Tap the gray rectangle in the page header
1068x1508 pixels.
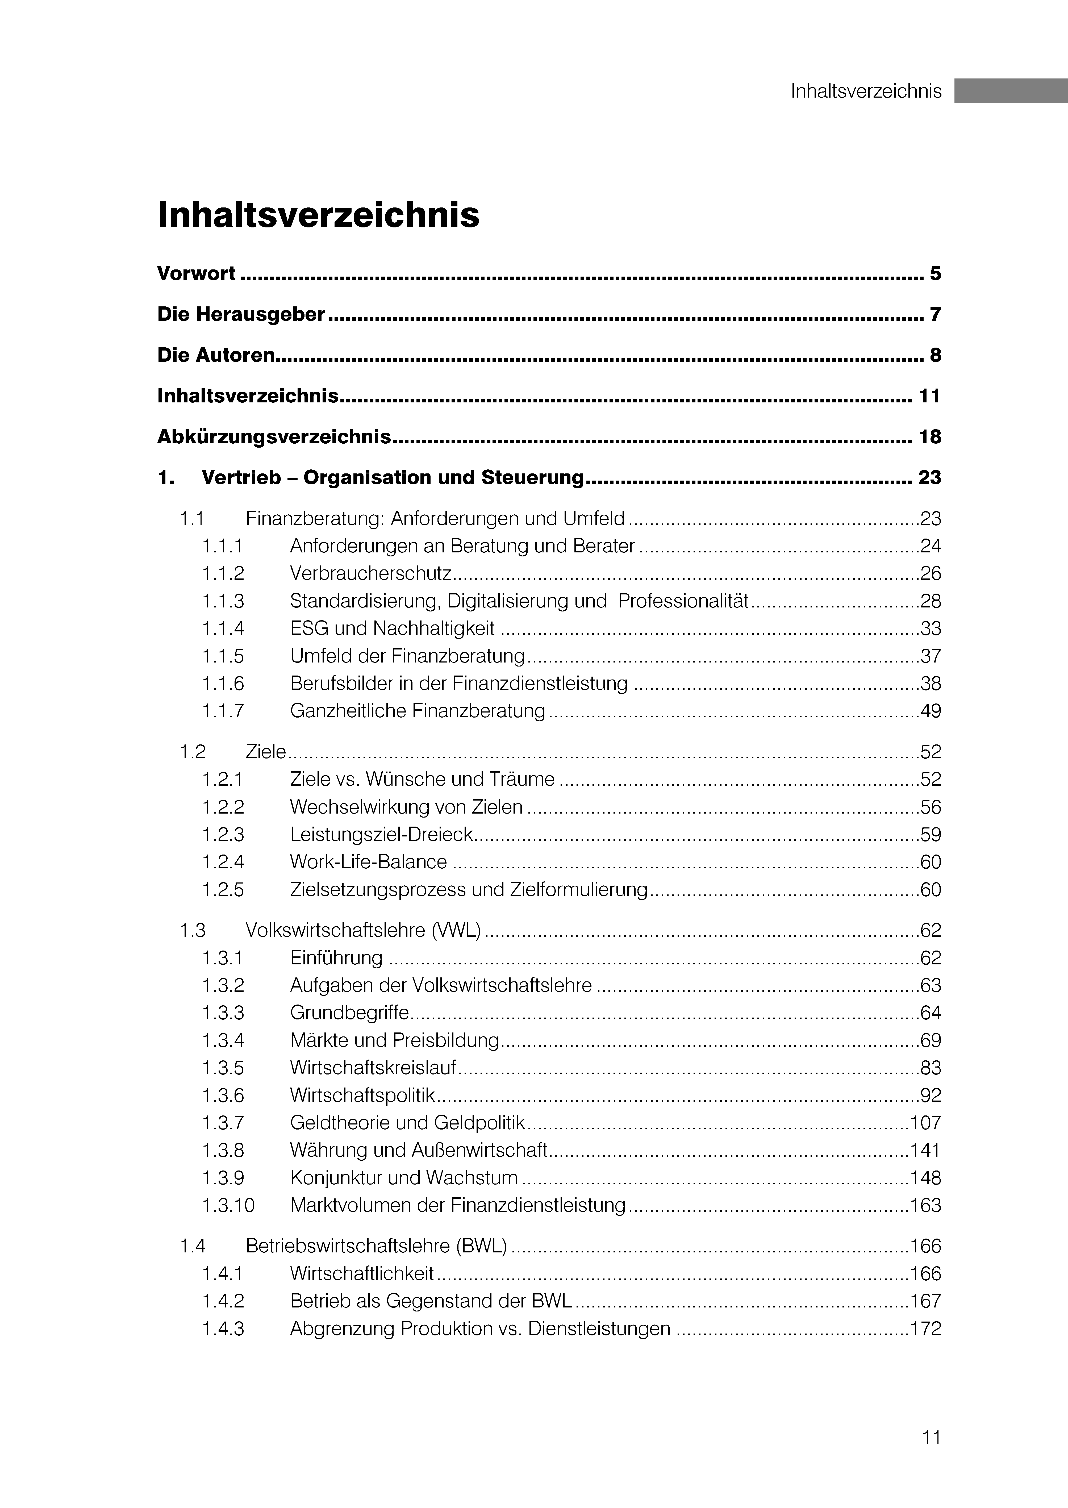[x=1011, y=91]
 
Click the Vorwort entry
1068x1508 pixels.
[x=196, y=274]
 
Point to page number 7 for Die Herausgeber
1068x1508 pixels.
[x=935, y=314]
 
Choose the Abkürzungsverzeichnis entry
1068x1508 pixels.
[x=274, y=437]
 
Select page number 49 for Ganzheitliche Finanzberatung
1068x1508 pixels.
[x=931, y=711]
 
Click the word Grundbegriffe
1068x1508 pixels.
[x=349, y=1013]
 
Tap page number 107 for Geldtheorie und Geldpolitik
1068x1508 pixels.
[x=925, y=1123]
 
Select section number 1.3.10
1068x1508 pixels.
[x=228, y=1206]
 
